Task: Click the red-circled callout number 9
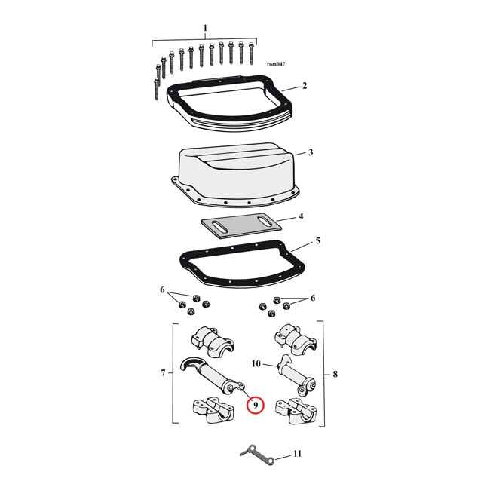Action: (256, 406)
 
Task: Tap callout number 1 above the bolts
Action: (205, 28)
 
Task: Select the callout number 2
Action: (305, 86)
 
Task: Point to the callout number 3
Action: (311, 152)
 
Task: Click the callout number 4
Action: (301, 216)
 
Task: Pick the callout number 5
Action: (317, 240)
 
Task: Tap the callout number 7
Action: (163, 373)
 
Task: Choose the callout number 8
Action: (335, 374)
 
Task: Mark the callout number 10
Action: (256, 364)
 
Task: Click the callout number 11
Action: (297, 453)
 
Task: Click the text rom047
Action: (276, 64)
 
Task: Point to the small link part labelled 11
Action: (257, 455)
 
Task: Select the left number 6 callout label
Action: (162, 290)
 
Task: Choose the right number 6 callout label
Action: (313, 298)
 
